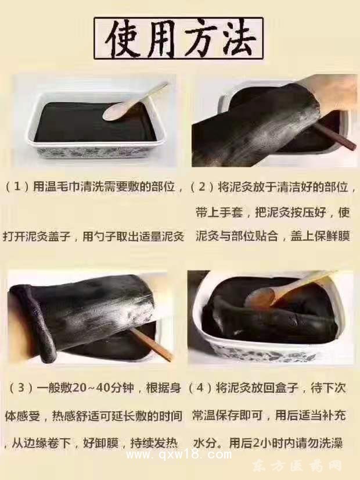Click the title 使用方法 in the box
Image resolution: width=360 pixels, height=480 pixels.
tap(179, 38)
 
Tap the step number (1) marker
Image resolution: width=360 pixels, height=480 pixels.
tap(18, 186)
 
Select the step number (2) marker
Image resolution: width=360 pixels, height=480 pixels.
tap(202, 186)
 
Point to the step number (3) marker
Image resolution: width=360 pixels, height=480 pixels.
tap(21, 388)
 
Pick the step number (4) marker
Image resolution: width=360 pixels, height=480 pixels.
tap(200, 388)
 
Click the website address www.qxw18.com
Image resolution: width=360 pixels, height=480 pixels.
tap(179, 455)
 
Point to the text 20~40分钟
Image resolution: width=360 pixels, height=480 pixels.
tap(103, 388)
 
